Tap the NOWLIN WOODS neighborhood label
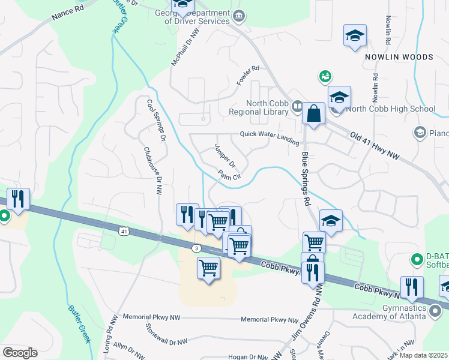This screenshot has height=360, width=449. click(x=399, y=57)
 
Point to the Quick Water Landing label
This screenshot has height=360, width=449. click(x=270, y=137)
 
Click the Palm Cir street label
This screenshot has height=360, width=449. click(x=229, y=176)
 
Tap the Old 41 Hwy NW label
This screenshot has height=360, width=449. click(x=375, y=146)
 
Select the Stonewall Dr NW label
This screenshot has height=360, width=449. click(x=166, y=335)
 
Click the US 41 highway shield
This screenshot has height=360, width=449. click(x=124, y=230)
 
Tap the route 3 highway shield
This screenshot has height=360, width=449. click(x=196, y=248)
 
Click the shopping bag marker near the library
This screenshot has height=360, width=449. click(x=313, y=113)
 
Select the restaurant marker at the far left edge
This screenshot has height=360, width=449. click(x=19, y=199)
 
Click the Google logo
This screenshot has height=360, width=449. click(x=20, y=353)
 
